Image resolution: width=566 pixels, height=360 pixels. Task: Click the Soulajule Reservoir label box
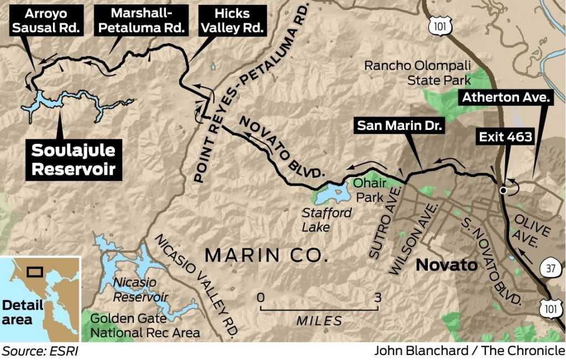(x=74, y=160)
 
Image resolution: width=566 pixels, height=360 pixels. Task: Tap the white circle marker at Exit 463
(x=502, y=190)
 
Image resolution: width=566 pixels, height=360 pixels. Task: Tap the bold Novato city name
(x=447, y=265)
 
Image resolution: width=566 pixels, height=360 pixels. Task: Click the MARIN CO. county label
(x=266, y=255)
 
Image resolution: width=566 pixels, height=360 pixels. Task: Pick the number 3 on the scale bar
(x=378, y=298)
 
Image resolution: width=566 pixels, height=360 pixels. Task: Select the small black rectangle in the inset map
(x=35, y=272)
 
